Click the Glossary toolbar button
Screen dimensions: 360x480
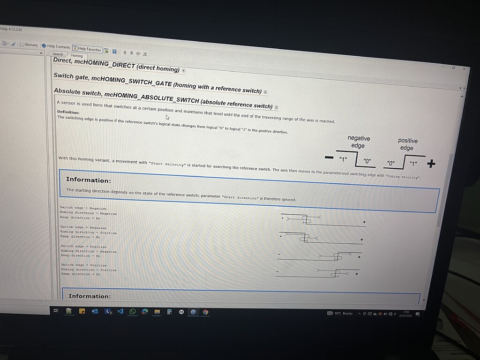coord(29,45)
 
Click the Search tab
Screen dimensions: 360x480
coord(58,54)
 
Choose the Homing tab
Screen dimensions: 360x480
coord(77,56)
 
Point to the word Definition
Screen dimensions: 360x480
coord(68,112)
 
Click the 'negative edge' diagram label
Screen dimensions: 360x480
coord(358,142)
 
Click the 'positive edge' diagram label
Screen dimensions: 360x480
coord(407,144)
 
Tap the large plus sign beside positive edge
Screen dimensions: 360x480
coord(431,164)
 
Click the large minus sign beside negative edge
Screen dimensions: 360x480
coord(329,157)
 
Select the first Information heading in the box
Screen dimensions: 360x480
coord(89,180)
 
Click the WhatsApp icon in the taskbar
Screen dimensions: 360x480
coord(133,311)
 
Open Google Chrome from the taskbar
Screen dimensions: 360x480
coord(205,312)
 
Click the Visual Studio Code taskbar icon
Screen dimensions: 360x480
coord(120,311)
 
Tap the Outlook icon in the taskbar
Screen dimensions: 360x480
coord(95,311)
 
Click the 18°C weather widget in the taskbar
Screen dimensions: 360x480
coord(341,313)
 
